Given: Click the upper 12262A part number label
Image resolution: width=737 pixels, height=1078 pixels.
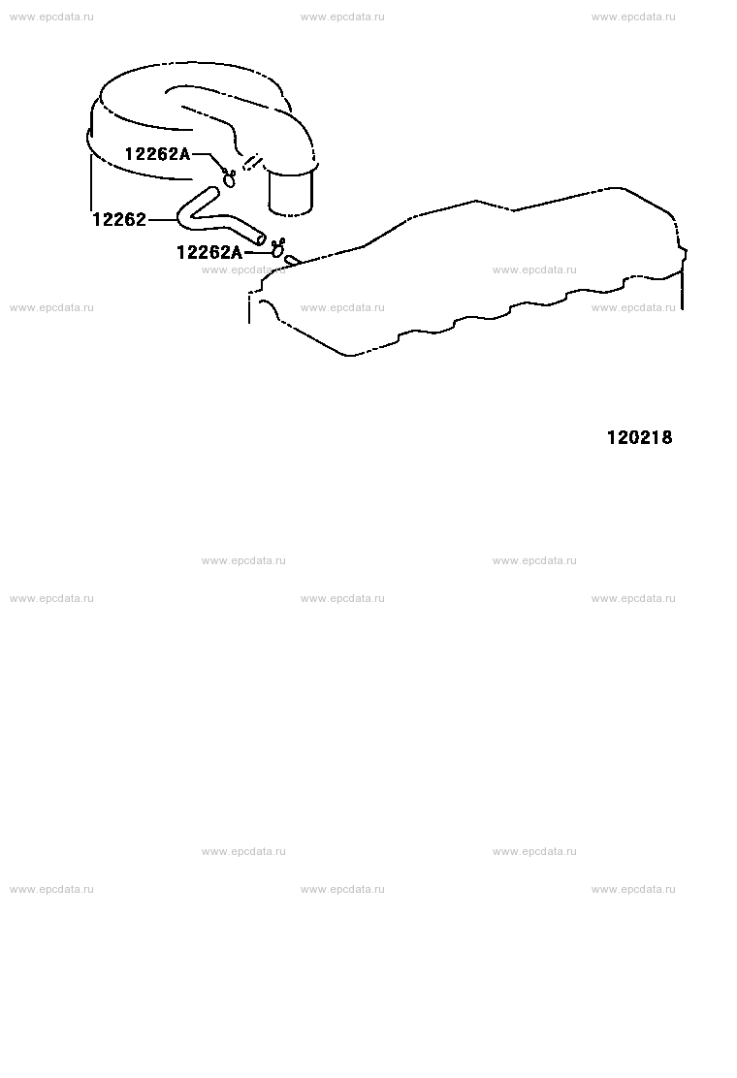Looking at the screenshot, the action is pos(157,153).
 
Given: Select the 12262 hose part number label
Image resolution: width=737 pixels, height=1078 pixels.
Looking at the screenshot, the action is pos(119,219).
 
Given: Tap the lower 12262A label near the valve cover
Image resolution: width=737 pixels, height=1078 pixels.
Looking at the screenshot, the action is pos(209,252).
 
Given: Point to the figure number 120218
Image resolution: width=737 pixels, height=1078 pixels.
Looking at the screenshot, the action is pos(639,437).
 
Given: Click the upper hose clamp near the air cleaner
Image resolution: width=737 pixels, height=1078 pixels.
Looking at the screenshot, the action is pos(228,177).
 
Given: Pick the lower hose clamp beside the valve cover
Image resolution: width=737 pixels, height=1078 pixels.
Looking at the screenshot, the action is pos(277,247).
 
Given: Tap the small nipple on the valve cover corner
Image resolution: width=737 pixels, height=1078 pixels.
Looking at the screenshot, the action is pos(292,260).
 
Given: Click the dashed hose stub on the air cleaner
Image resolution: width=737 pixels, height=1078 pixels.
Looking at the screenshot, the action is pos(253,163).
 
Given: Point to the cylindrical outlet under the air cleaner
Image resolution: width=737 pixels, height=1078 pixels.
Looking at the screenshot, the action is pos(291,193).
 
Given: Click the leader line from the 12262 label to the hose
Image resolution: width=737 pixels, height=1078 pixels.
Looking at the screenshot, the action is pos(162,220).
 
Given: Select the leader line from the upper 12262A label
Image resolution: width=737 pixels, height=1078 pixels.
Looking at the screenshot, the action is pos(207,160).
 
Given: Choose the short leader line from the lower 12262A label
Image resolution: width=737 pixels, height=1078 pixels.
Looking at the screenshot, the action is pos(257,252).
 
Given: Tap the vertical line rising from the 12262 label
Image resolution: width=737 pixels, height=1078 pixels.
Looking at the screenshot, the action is pos(91,182).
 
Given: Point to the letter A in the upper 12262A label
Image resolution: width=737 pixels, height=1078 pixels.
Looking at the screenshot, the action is pos(184,153).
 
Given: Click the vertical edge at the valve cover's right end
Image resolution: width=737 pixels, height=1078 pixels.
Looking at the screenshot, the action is pos(683,290).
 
